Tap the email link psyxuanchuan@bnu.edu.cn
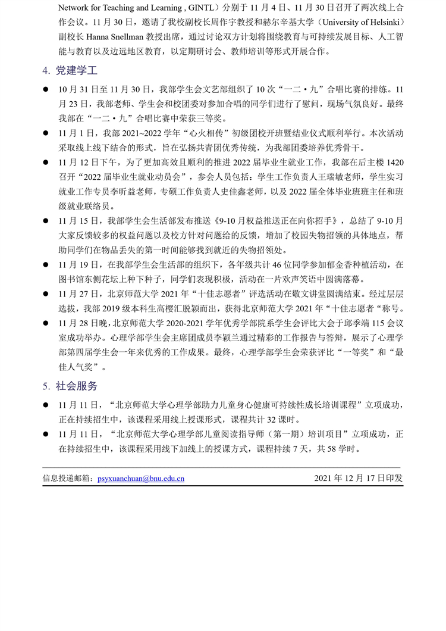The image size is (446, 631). [141, 477]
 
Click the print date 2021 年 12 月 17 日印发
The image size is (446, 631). [358, 477]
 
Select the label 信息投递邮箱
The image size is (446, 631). [68, 477]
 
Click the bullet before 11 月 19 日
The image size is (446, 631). [45, 265]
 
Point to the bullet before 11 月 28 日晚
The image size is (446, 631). [45, 323]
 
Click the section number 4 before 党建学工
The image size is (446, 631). [45, 71]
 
